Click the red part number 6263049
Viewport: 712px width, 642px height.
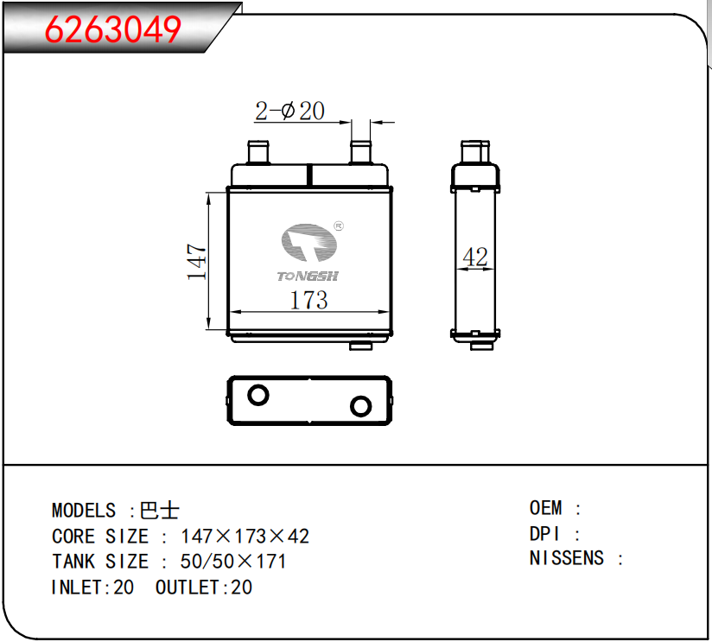click(x=113, y=30)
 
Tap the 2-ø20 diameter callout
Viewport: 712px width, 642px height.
click(x=289, y=111)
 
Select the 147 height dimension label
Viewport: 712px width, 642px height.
click(x=197, y=263)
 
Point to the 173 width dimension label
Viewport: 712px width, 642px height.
click(x=308, y=300)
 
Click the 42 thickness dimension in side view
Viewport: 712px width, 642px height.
click(x=475, y=257)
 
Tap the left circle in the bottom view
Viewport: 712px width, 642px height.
click(x=257, y=396)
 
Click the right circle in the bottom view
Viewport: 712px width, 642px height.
click(x=359, y=405)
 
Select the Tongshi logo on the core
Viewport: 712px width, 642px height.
click(x=309, y=251)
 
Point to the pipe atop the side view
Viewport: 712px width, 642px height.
click(x=474, y=152)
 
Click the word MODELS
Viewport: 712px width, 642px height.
click(x=83, y=511)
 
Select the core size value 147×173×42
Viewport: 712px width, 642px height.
click(x=245, y=537)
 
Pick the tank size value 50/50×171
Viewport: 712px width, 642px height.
click(x=233, y=562)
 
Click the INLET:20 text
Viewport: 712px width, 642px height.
click(x=92, y=588)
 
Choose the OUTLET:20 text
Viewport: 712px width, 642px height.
click(x=204, y=588)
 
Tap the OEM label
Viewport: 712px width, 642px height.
click(x=545, y=508)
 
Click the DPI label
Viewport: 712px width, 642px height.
click(x=544, y=534)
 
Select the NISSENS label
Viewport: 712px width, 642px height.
click(x=567, y=558)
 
